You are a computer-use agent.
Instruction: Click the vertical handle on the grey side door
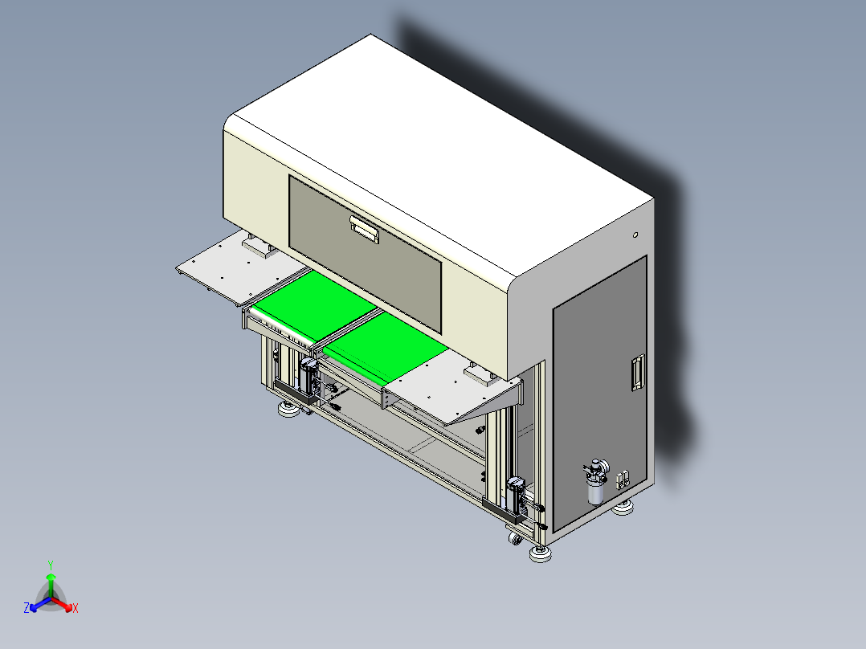click(639, 373)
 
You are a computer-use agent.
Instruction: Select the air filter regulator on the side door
click(596, 481)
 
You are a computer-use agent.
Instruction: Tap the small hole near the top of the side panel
click(635, 235)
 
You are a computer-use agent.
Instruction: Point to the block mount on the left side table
click(259, 249)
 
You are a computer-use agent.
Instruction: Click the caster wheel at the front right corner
click(514, 539)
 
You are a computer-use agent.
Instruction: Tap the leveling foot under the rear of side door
click(623, 508)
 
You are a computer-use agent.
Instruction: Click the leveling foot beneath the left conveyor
click(288, 410)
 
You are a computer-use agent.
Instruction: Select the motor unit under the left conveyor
click(308, 378)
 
